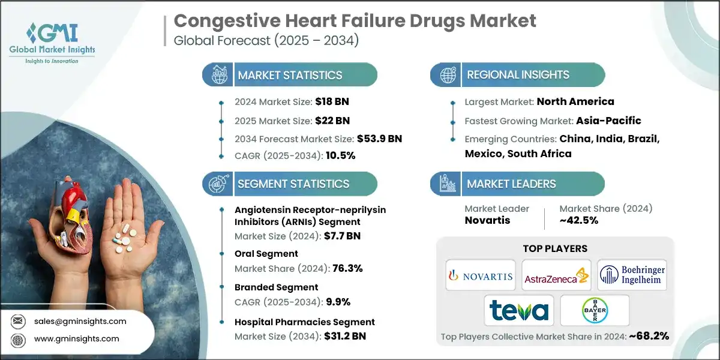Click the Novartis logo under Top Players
pos(480,275)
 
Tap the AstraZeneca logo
pos(556,276)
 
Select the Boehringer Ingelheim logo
pos(632,275)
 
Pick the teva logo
pos(518,310)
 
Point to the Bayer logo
pos(594,311)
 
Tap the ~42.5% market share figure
pos(578,221)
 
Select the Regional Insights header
pos(518,75)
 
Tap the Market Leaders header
pos(511,184)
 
